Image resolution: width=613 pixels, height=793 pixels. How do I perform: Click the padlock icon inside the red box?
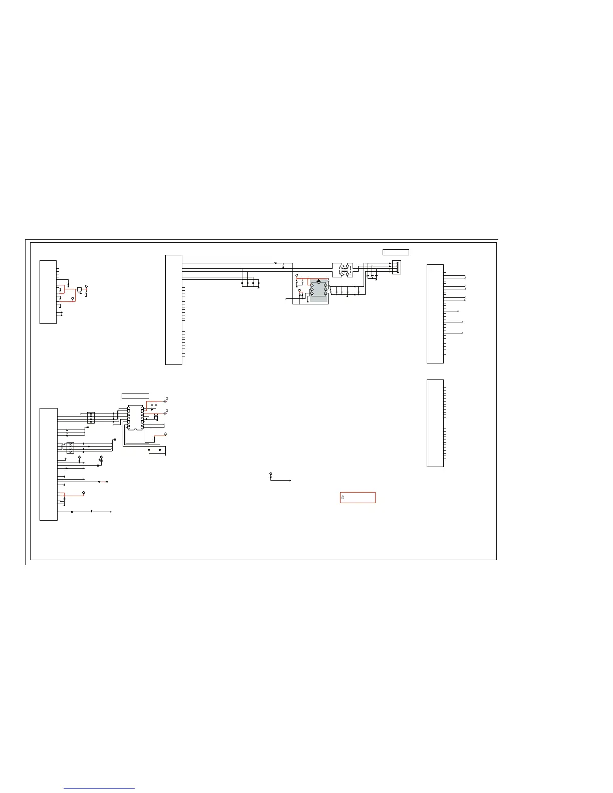[x=343, y=498]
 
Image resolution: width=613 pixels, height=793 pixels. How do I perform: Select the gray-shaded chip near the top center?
[x=319, y=291]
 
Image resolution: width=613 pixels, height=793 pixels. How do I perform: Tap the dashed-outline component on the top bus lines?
[x=343, y=270]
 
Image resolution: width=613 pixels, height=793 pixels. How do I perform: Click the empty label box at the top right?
[x=396, y=252]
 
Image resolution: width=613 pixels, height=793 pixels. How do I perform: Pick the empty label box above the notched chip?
[x=135, y=396]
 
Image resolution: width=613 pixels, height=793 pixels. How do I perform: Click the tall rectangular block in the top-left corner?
[x=48, y=292]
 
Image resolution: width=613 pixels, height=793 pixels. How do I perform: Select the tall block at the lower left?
[x=49, y=464]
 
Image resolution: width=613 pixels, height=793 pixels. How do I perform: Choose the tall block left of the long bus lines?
[x=174, y=310]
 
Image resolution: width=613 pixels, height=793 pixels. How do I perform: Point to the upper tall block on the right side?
[x=435, y=313]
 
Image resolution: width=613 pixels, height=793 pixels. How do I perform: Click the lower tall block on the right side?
[x=435, y=423]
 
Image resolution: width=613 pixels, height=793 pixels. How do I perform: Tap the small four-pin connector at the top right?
[x=396, y=267]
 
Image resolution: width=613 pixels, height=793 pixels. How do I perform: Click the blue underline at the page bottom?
[x=100, y=789]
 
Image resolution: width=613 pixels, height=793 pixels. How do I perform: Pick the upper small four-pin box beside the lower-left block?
[x=91, y=417]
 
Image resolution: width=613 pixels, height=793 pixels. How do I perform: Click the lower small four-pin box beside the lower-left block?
[x=70, y=448]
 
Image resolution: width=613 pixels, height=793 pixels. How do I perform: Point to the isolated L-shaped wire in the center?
[x=279, y=479]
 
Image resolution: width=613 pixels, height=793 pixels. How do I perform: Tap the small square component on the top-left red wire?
[x=80, y=289]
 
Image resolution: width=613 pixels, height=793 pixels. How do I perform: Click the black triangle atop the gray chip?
[x=319, y=281]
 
